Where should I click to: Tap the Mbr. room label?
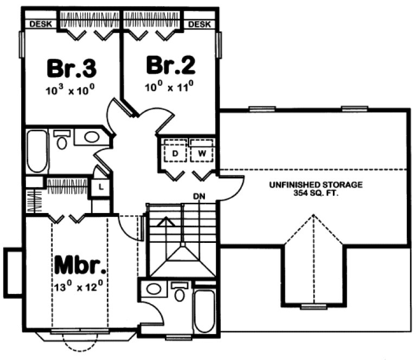pyautogui.click(x=80, y=267)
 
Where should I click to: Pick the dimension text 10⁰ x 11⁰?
pyautogui.click(x=169, y=86)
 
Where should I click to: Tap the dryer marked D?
pyautogui.click(x=175, y=153)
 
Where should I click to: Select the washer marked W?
pyautogui.click(x=202, y=153)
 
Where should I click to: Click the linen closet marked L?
pyautogui.click(x=101, y=187)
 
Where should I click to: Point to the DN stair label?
pyautogui.click(x=198, y=196)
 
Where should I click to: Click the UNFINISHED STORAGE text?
pyautogui.click(x=316, y=185)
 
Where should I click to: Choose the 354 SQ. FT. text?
pyautogui.click(x=316, y=192)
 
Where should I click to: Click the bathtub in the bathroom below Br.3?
pyautogui.click(x=37, y=150)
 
